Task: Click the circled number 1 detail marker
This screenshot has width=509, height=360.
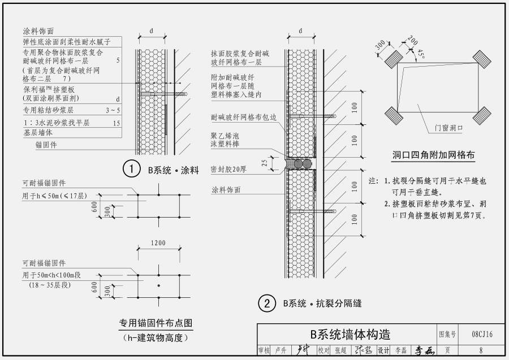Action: [x=131, y=169]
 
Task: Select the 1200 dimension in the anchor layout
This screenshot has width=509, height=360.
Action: [x=158, y=243]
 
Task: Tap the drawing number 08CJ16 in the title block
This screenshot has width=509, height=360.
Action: [x=481, y=335]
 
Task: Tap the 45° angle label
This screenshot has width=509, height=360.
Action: [x=421, y=54]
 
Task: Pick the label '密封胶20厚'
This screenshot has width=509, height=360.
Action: [x=228, y=168]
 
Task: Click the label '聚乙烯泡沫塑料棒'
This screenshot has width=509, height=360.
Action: [x=225, y=140]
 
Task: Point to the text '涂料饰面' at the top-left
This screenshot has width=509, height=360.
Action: [x=38, y=31]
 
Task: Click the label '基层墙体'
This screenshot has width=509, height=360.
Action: [x=38, y=132]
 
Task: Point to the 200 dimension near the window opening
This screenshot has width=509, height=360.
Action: [x=412, y=42]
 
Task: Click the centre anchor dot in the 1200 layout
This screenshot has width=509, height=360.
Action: [x=159, y=285]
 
